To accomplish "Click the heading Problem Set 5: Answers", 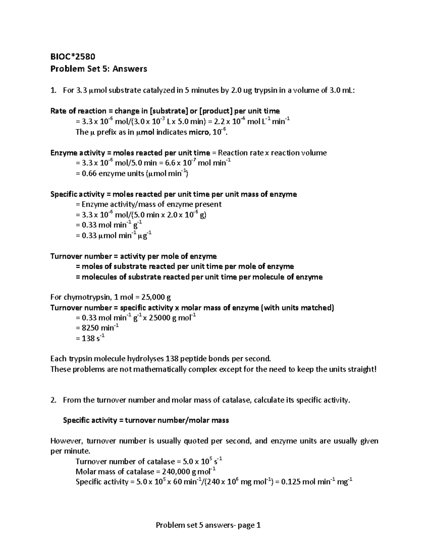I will [x=99, y=69].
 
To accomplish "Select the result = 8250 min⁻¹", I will [x=97, y=328].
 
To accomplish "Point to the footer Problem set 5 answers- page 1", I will [x=208, y=525].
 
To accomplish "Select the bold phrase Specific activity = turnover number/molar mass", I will [x=146, y=420].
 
